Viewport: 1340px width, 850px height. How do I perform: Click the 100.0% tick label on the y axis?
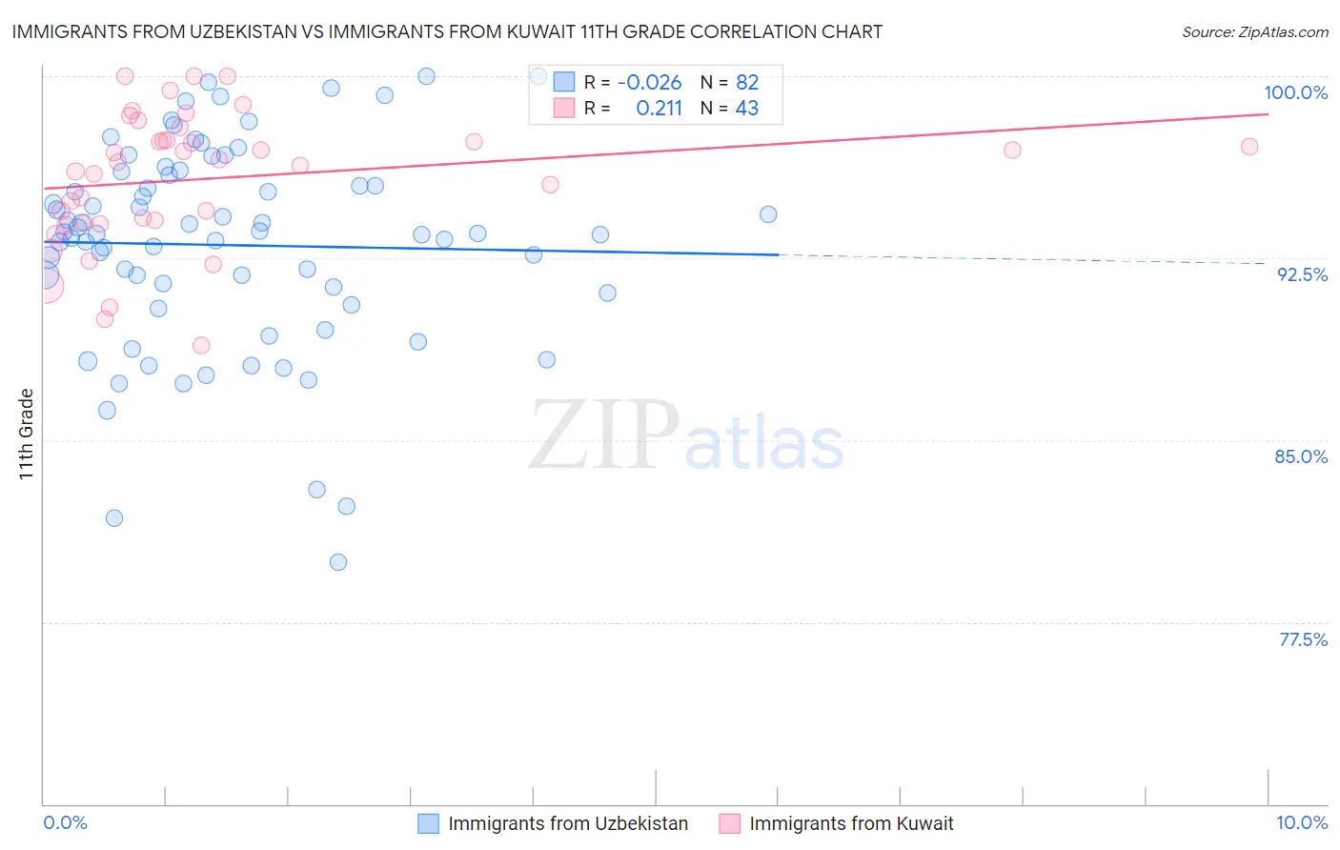coord(1295,92)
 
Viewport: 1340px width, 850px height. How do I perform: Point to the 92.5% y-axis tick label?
coord(1302,274)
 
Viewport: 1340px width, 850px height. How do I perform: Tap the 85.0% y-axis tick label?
coord(1301,456)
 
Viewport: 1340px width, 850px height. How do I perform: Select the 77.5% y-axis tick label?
coord(1303,639)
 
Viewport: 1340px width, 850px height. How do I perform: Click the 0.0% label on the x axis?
coord(65,822)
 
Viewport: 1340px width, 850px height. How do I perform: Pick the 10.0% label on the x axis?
coord(1301,822)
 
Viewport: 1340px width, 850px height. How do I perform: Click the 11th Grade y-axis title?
coord(27,434)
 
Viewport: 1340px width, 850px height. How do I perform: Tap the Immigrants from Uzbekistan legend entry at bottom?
coord(567,823)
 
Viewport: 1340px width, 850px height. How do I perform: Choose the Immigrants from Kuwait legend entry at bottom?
coord(850,823)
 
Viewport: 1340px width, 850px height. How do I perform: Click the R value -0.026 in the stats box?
coord(649,82)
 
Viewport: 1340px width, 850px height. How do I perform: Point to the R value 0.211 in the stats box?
coord(659,109)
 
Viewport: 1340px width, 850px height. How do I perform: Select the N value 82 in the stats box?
coord(747,82)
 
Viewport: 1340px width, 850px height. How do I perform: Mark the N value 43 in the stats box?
coord(747,109)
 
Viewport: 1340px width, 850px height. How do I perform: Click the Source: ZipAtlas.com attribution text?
coord(1254,31)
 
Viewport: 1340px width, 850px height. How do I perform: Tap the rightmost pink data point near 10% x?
coord(1249,147)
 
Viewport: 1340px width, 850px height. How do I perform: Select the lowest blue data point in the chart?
coord(338,562)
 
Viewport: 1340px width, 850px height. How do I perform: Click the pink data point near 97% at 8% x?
coord(1012,151)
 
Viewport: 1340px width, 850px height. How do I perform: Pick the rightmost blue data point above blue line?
coord(768,214)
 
